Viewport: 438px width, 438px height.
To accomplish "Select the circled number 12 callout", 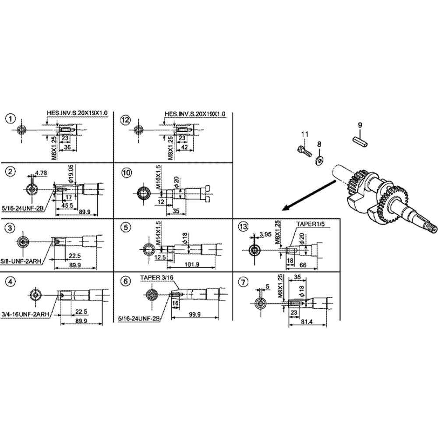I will pyautogui.click(x=126, y=119).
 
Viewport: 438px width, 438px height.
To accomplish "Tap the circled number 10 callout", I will pyautogui.click(x=126, y=173).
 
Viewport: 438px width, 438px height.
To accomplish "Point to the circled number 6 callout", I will pyautogui.click(x=126, y=281).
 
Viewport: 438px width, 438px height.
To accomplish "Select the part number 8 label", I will pyautogui.click(x=319, y=143).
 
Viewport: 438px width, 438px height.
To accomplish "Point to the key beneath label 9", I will pyautogui.click(x=360, y=141).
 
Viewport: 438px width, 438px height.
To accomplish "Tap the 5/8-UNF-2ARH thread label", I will pyautogui.click(x=21, y=260).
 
